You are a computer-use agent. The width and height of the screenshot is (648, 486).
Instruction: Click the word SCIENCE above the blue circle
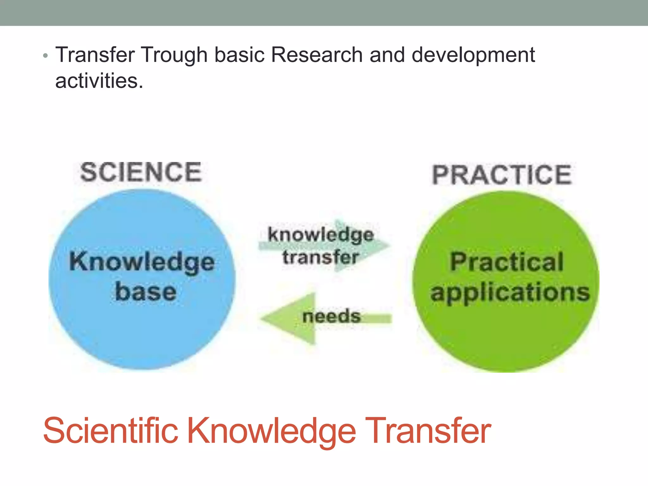141,172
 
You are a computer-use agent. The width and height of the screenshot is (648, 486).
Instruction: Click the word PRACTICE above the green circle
502,175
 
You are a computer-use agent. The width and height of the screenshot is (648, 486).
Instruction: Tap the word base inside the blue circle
146,292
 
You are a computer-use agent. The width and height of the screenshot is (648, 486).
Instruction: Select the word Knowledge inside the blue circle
142,262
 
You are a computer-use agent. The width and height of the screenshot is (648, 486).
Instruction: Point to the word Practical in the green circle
507,262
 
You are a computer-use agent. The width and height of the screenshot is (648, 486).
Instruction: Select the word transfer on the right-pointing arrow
321,257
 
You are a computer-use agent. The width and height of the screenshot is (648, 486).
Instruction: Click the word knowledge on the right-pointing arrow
321,235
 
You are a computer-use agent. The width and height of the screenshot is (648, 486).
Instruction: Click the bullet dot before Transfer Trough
46,56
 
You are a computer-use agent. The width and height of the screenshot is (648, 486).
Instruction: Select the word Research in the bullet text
317,55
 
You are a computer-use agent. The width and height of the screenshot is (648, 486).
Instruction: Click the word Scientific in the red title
110,431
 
